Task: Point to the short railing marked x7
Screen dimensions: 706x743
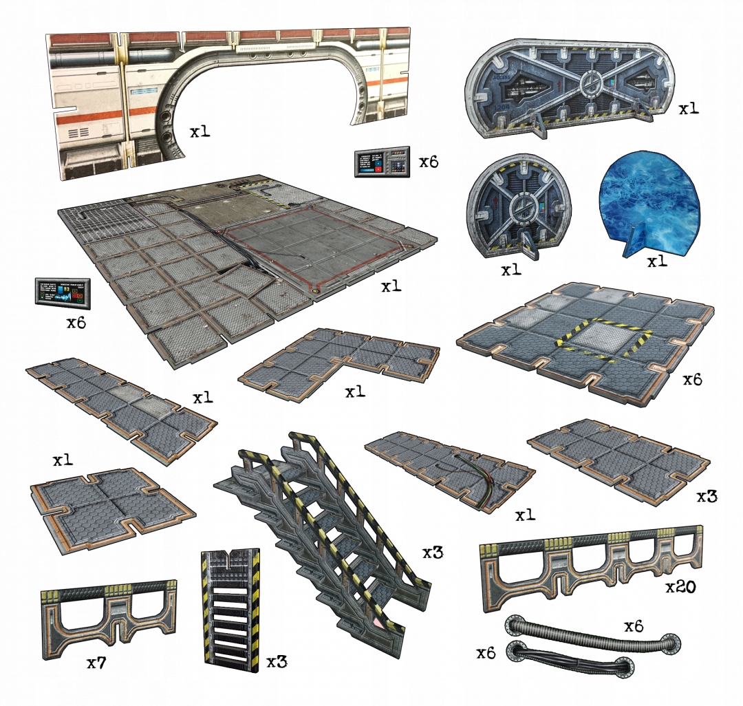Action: point(107,612)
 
